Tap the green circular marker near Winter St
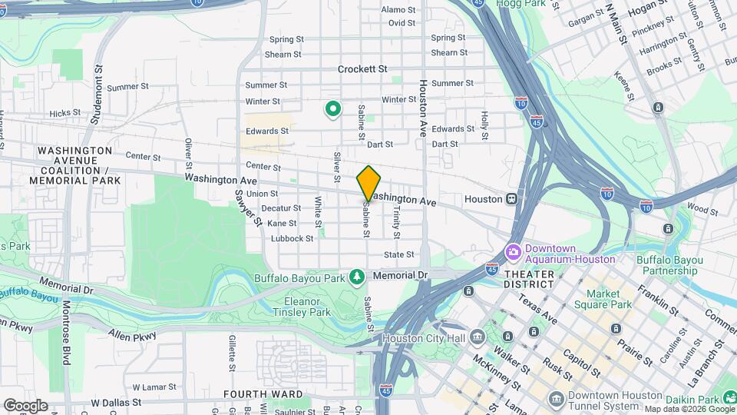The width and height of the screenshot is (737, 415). click(x=332, y=110)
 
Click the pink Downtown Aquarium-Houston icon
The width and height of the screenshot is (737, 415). click(x=512, y=252)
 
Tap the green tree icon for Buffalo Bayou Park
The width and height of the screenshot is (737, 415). click(x=355, y=275)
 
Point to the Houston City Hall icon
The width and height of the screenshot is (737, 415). click(x=478, y=337)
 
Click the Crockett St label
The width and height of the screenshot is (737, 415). click(x=362, y=68)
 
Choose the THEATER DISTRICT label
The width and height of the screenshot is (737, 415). click(x=529, y=278)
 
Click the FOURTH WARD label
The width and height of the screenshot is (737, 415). click(x=254, y=394)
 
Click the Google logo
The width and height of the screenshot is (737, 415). click(x=25, y=405)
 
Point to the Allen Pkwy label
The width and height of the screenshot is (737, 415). click(x=133, y=336)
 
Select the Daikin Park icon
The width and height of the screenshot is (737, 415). click(x=710, y=399)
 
